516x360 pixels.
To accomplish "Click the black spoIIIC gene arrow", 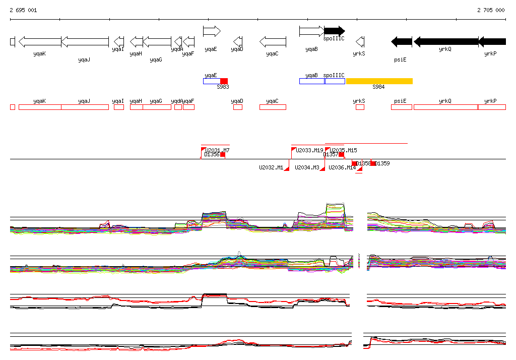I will click(x=334, y=31).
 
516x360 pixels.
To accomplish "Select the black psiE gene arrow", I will click(x=402, y=41).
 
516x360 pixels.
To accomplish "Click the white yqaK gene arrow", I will click(x=40, y=41).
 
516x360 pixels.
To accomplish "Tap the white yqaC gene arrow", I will click(x=273, y=41).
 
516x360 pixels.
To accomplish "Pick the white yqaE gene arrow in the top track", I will click(x=212, y=31).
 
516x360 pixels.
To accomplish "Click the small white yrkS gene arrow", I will click(x=360, y=41).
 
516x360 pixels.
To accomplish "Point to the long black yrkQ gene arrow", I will click(x=445, y=41).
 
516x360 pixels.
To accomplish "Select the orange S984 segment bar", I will click(x=379, y=81).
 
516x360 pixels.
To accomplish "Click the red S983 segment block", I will click(x=224, y=81).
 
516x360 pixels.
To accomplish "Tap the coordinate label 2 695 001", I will click(x=23, y=10).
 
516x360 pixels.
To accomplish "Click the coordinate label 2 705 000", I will click(x=490, y=10).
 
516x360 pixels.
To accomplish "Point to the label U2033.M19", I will click(x=309, y=150).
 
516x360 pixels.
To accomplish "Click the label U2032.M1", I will click(x=271, y=167).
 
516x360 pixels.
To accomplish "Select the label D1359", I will click(x=382, y=163).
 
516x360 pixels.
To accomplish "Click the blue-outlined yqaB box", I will click(x=312, y=81).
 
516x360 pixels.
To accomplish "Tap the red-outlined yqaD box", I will click(x=237, y=107).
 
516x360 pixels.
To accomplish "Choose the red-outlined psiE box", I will click(x=401, y=107).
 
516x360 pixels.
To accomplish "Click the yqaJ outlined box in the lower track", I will click(x=85, y=107).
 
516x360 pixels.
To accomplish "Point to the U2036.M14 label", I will click(x=342, y=167).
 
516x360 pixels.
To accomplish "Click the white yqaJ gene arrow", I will click(x=85, y=41).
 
